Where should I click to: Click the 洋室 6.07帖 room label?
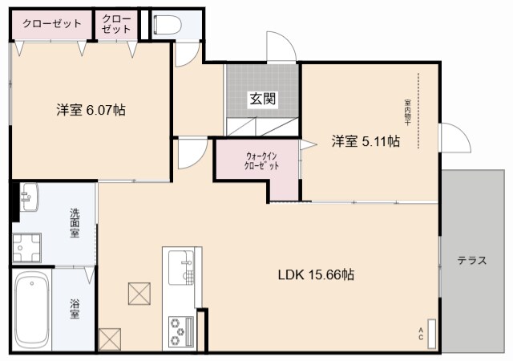point(90,110)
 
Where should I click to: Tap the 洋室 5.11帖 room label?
point(366,142)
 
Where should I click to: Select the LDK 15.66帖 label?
point(316,274)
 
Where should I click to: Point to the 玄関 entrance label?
point(262,99)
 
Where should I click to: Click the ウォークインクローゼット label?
point(262,160)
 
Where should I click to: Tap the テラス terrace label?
point(473,262)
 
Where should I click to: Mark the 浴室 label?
point(74,309)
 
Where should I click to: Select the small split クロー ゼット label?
point(117,23)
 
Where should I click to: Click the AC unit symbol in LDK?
point(431,333)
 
